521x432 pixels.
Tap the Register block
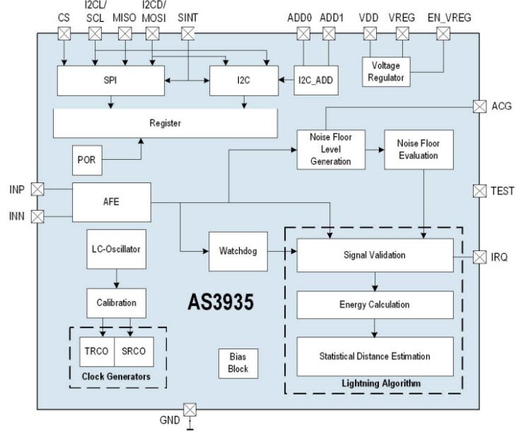coord(165,124)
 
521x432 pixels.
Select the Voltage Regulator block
coord(385,72)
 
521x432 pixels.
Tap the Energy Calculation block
coord(375,305)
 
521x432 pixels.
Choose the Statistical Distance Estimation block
coord(375,357)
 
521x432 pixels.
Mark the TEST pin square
coord(479,190)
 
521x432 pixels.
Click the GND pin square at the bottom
coord(189,409)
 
